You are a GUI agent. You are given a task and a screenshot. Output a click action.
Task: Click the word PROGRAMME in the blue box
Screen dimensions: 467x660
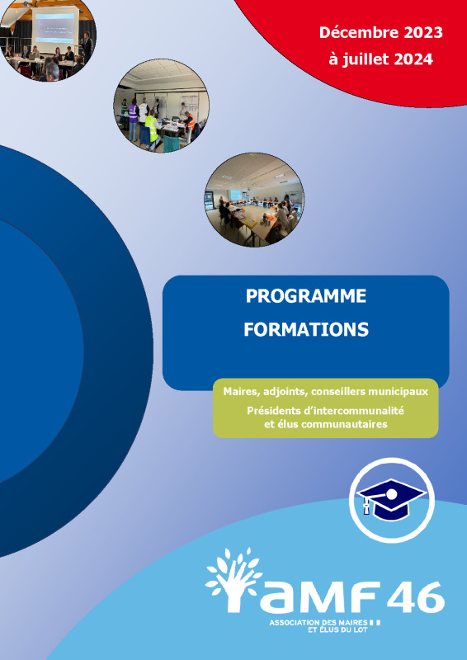point(306,296)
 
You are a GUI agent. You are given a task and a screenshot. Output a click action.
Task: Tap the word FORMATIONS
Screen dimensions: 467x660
point(306,329)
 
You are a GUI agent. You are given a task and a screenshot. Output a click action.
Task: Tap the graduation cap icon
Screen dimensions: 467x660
point(391,498)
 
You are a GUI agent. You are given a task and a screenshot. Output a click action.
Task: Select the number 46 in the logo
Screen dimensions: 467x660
point(415,596)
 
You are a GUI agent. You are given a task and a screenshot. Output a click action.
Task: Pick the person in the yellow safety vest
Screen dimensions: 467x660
point(152,128)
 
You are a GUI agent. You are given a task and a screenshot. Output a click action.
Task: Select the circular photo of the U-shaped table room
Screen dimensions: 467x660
point(254,200)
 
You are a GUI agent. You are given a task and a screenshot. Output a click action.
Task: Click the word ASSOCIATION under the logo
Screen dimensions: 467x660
point(295,622)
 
